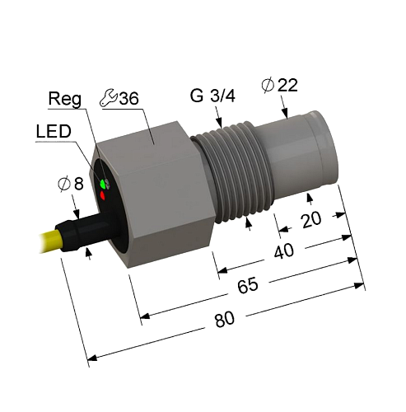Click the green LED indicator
(x=103, y=183)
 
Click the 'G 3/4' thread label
(x=212, y=96)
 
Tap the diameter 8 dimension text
(x=72, y=185)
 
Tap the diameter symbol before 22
(x=264, y=84)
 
